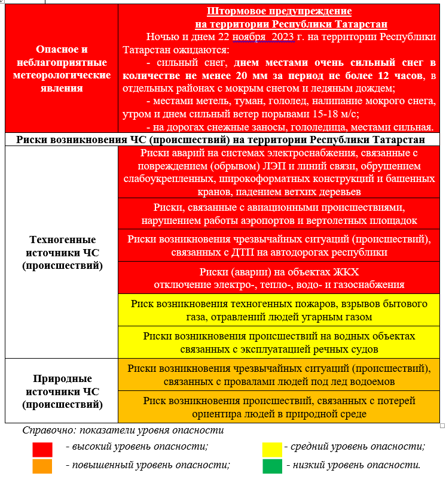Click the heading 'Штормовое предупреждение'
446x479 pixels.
279,11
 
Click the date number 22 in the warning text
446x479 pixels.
209,37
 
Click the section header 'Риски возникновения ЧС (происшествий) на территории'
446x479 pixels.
221,140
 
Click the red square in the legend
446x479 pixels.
42,448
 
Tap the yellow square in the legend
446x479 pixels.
272,448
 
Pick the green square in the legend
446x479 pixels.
272,466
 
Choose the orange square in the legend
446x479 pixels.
42,466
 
